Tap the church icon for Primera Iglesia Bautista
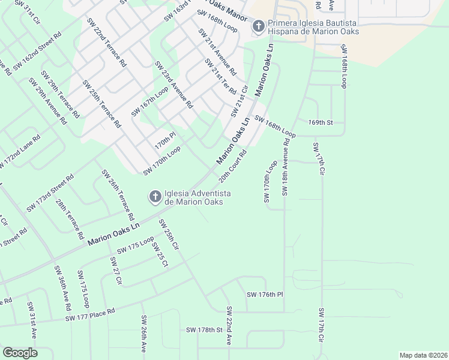click(259, 26)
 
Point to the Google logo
click(20, 352)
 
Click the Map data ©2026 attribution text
click(423, 355)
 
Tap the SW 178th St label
click(204, 330)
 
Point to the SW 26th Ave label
click(144, 334)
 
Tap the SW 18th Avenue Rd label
click(286, 168)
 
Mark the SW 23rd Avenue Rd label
click(173, 85)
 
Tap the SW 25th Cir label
click(169, 234)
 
